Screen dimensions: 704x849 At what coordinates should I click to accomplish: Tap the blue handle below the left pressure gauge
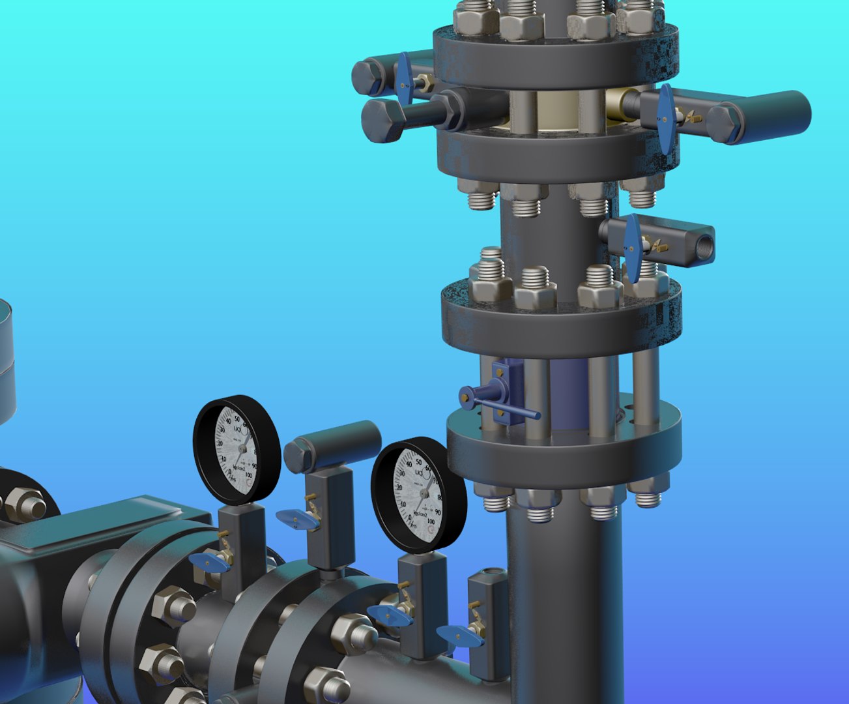pyautogui.click(x=209, y=563)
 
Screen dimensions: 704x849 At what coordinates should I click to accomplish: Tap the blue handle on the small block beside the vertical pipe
pyautogui.click(x=459, y=636)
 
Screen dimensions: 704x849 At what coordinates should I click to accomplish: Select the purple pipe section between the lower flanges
pyautogui.click(x=568, y=394)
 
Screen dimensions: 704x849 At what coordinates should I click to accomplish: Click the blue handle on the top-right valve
pyautogui.click(x=665, y=119)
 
